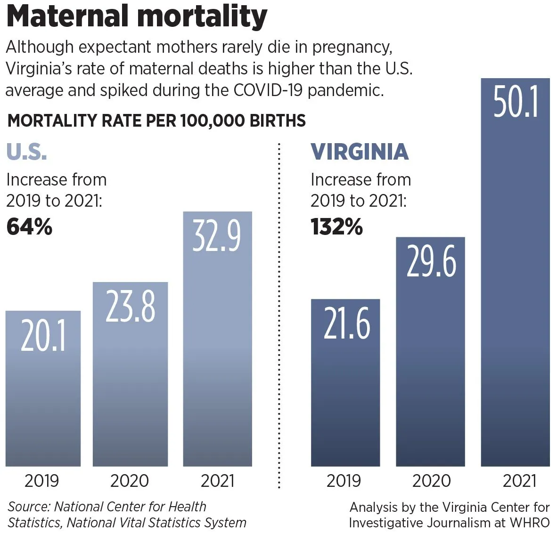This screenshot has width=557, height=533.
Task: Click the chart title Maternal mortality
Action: (x=137, y=17)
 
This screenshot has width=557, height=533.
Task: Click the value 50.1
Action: (x=516, y=102)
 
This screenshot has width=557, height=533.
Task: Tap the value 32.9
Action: (x=217, y=236)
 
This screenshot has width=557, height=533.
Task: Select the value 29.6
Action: (x=431, y=261)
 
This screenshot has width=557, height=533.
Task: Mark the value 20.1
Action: (x=43, y=336)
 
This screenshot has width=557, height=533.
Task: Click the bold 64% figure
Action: (x=29, y=226)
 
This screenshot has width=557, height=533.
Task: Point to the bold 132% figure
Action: (x=336, y=226)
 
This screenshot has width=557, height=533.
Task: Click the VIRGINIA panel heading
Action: (x=360, y=152)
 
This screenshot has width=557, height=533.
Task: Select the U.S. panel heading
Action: (x=26, y=152)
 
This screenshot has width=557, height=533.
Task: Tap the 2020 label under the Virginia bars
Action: (x=431, y=481)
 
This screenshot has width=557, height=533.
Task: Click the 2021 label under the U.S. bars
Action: (x=217, y=481)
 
